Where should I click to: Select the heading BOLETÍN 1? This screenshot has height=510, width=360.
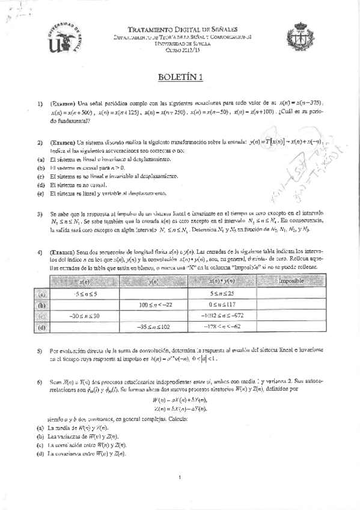coord(180,76)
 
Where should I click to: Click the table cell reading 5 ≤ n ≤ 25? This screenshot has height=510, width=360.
coord(222,294)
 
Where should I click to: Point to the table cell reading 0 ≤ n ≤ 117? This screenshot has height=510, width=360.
coord(222,305)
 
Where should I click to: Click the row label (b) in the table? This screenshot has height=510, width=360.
coord(41,305)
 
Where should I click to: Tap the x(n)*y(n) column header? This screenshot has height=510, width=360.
coord(222,281)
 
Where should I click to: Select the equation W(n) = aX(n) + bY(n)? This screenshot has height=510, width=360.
coord(180,401)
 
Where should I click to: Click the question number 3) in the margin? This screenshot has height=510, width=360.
coord(39,214)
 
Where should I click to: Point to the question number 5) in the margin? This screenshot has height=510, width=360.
coord(39,350)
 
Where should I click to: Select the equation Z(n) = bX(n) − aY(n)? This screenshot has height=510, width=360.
coord(180,409)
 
